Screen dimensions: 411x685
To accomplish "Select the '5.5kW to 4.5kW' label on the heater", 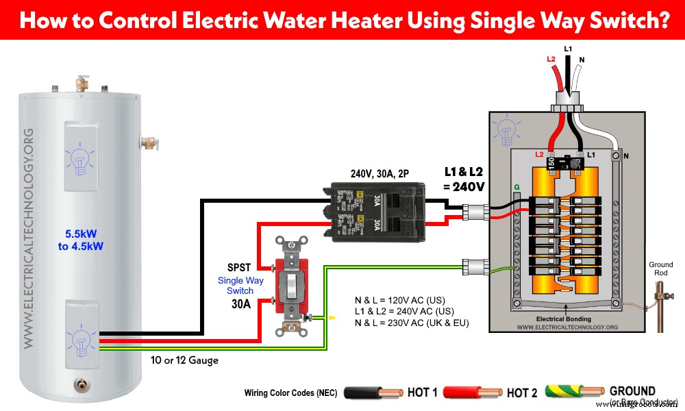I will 81,240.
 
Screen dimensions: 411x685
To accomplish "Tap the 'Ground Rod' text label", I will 661,269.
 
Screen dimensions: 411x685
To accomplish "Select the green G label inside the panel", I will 516,186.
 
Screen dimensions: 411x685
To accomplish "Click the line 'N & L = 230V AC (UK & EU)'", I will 412,323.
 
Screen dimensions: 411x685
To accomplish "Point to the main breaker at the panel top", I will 566,163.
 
